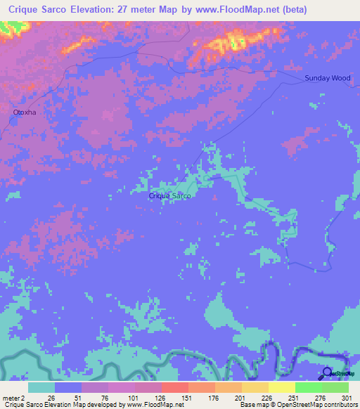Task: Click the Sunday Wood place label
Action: point(327,78)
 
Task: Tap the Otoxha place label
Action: point(24,112)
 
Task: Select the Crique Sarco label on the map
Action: point(169,196)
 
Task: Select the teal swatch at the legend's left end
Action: point(41,387)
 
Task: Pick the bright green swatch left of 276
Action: point(308,387)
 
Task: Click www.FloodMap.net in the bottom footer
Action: point(152,405)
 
